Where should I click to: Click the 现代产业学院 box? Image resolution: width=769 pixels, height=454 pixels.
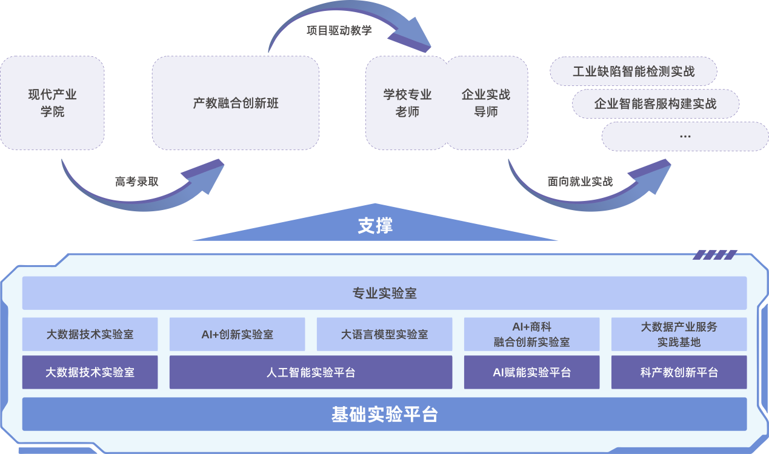click(52, 103)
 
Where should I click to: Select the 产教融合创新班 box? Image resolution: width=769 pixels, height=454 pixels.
click(235, 103)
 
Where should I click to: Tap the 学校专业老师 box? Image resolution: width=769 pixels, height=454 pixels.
click(407, 103)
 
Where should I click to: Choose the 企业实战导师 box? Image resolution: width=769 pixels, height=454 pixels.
click(486, 103)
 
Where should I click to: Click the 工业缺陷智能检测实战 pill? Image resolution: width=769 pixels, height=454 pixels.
click(633, 71)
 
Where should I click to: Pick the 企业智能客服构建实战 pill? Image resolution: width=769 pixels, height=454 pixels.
click(655, 104)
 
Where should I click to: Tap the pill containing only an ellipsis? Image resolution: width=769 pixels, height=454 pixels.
click(685, 136)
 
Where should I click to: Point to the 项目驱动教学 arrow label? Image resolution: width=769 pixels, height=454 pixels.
click(339, 30)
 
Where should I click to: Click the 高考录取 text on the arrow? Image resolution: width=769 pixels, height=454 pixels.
click(137, 182)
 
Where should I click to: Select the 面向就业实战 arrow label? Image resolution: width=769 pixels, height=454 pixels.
click(580, 182)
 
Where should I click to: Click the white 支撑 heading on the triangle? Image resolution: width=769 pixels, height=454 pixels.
click(375, 226)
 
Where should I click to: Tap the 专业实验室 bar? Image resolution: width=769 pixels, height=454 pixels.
click(384, 294)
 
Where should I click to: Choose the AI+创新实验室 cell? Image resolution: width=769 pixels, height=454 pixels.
click(237, 334)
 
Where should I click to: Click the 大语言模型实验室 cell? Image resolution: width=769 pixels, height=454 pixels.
click(384, 334)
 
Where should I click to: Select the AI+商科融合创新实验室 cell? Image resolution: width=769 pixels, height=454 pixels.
click(531, 334)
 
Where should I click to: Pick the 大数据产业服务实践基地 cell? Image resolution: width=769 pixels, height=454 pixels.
click(679, 334)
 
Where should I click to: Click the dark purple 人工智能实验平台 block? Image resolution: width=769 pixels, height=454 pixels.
click(310, 372)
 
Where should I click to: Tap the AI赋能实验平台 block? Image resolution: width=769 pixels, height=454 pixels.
click(531, 372)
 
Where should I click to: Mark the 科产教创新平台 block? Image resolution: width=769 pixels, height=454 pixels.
click(679, 372)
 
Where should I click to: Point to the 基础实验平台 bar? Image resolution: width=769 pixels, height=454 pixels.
click(384, 415)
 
